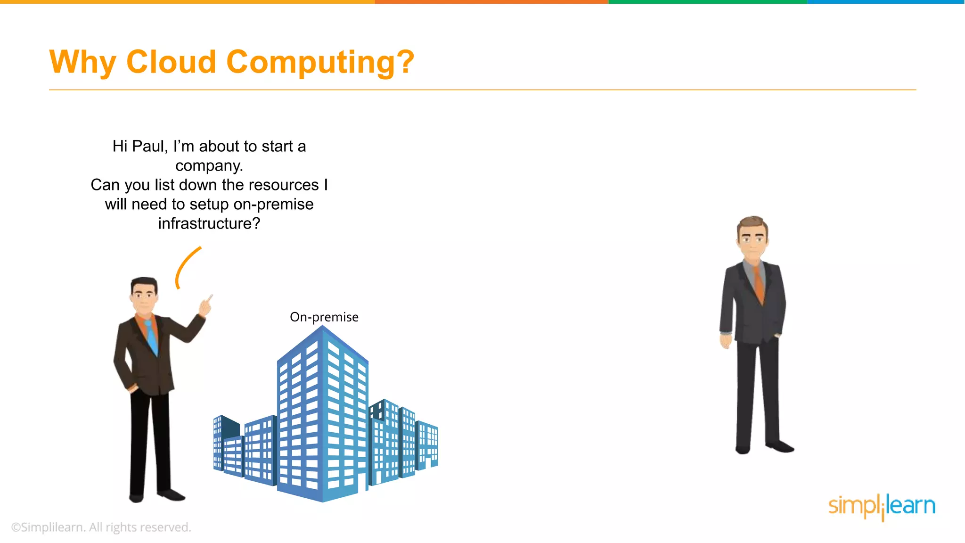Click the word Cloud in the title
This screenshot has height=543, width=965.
(171, 62)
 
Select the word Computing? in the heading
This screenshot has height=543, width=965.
(320, 63)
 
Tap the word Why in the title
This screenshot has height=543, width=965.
(82, 63)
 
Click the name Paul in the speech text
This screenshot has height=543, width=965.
(150, 147)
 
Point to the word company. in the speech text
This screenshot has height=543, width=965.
(209, 166)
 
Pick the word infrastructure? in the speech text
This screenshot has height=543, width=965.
(209, 223)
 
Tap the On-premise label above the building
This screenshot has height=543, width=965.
(324, 317)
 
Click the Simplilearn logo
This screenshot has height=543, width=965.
(882, 506)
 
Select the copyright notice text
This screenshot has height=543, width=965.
(101, 527)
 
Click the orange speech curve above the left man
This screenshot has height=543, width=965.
(185, 266)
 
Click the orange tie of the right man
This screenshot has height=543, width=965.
(758, 283)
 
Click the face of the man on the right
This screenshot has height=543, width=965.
(753, 240)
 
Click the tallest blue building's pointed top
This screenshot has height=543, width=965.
(323, 328)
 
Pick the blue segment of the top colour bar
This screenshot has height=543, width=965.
(886, 2)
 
